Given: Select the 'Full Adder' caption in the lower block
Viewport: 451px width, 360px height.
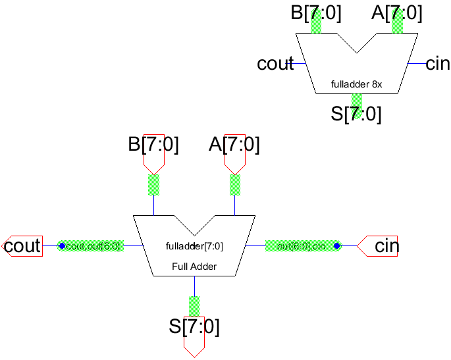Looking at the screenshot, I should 194,267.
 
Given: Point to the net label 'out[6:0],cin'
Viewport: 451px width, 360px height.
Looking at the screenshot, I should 301,246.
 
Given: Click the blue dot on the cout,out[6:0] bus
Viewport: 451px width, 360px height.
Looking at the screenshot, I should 62,246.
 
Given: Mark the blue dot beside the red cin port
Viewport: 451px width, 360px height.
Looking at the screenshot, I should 336,246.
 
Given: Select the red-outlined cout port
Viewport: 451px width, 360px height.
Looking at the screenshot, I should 24,246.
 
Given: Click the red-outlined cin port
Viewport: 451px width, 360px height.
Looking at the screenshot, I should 378,246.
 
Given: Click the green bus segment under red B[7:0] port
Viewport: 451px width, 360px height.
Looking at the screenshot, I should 153,185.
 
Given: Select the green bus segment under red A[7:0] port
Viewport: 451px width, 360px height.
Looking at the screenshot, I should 234,185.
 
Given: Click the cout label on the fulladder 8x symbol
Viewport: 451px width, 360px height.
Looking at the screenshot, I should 275,64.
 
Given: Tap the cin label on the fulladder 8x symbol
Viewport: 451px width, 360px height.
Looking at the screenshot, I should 438,64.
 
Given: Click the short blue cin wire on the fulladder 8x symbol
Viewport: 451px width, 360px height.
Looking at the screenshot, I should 416,64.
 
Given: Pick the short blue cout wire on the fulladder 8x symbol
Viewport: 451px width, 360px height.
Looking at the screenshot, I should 300,64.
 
